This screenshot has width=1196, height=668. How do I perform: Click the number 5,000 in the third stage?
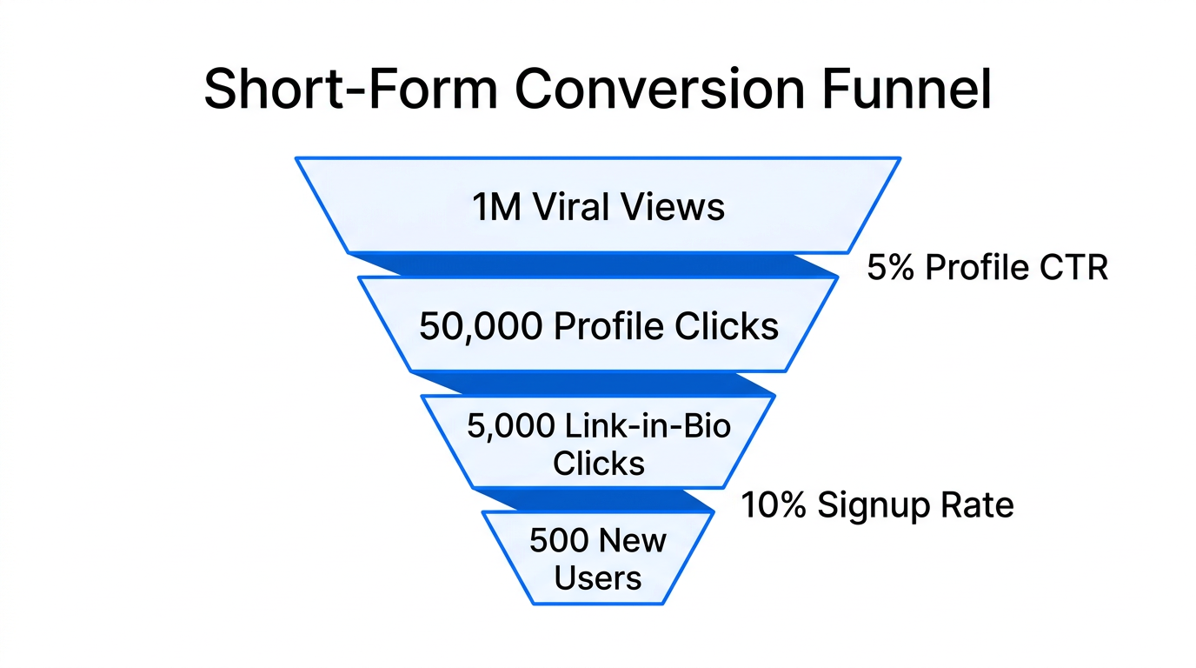pos(509,426)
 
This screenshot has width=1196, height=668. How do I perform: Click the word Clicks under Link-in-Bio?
pos(599,463)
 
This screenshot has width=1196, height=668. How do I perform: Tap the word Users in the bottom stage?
pos(598,578)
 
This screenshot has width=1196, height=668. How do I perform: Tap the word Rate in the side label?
pos(981,504)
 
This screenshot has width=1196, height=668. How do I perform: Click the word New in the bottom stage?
pos(634,541)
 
